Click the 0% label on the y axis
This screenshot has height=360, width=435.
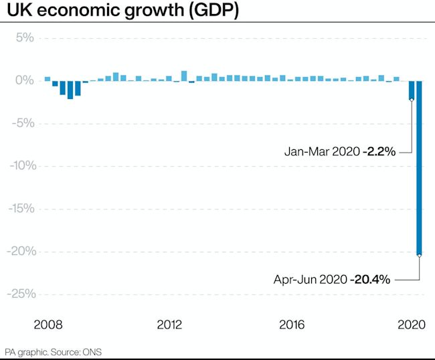pos(24,80)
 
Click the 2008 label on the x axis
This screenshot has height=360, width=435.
pos(48,325)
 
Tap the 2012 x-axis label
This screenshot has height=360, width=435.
pos(170,325)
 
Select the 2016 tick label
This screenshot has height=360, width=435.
pos(292,325)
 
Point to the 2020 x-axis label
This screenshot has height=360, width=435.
pos(413,325)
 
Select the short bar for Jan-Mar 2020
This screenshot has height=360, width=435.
pos(412,90)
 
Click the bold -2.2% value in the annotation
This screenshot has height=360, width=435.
pos(380,152)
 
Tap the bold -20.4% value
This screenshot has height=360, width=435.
pos(370,279)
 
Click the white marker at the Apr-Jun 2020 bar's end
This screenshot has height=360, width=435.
pos(419,255)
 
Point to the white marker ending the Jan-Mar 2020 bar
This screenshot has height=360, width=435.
pos(412,99)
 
